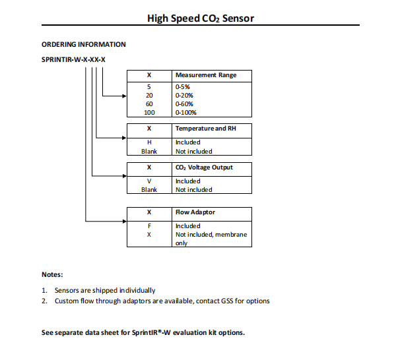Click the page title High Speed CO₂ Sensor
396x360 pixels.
pos(200,18)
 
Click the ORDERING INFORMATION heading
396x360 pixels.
pos(83,45)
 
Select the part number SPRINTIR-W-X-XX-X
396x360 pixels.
pos(73,60)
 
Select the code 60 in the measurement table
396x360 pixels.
pos(148,104)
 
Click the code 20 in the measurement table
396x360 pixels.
pos(148,96)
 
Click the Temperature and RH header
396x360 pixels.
pos(205,128)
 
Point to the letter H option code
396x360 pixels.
pos(148,142)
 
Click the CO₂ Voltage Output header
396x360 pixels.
pos(204,167)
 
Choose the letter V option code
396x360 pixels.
pos(148,181)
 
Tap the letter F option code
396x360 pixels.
pos(148,226)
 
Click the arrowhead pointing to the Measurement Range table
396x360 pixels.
pos(123,96)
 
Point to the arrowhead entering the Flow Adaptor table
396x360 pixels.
pos(123,222)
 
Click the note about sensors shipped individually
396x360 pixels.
pos(102,290)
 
